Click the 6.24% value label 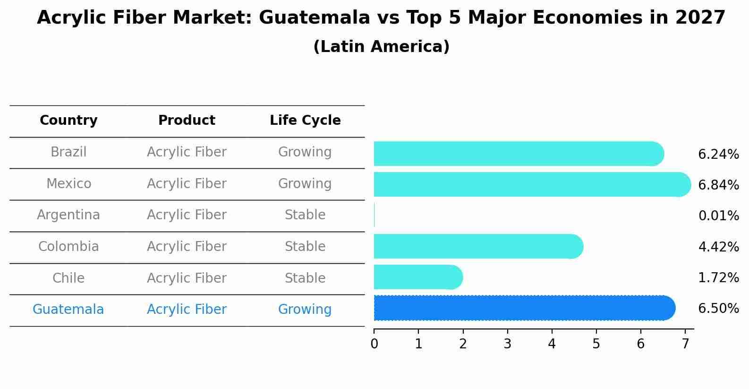[x=718, y=155]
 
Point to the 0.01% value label [x=718, y=216]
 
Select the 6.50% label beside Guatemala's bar [x=718, y=309]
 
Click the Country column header [x=68, y=121]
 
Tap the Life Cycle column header [x=305, y=121]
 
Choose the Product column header [x=187, y=121]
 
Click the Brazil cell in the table [x=68, y=152]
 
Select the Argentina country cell [x=68, y=215]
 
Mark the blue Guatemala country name [x=68, y=310]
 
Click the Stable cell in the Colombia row [x=305, y=247]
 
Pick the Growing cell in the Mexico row [x=305, y=183]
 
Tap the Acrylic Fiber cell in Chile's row [x=187, y=278]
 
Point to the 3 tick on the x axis [x=507, y=344]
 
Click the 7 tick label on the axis [x=685, y=344]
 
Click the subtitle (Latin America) [x=381, y=47]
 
